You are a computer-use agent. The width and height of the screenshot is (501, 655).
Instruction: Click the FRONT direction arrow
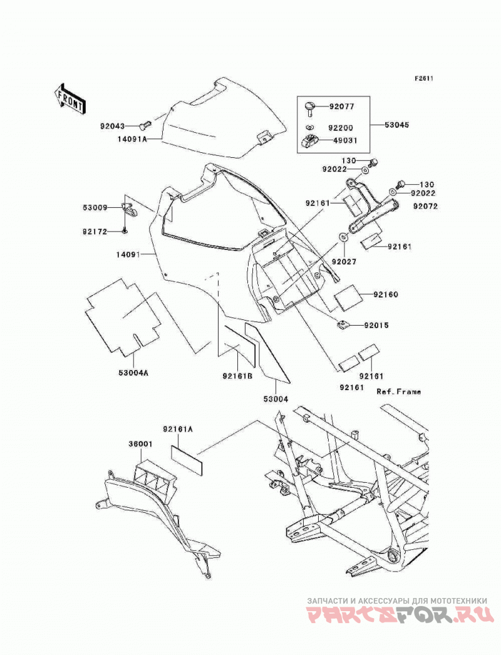tap(70, 98)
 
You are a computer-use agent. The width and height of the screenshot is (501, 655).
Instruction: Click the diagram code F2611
tap(424, 78)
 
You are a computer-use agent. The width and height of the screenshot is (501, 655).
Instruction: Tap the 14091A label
tap(132, 139)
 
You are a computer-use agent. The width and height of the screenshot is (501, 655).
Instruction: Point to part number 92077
tap(341, 106)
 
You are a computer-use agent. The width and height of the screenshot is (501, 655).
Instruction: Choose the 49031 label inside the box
tap(344, 141)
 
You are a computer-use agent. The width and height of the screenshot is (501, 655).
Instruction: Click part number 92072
tap(426, 207)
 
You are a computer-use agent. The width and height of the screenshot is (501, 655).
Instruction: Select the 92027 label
tap(344, 262)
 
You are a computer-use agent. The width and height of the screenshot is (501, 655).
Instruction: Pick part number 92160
tap(386, 294)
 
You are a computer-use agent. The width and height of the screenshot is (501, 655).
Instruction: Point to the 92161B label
tap(237, 376)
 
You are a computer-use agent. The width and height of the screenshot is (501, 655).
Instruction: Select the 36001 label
tap(141, 445)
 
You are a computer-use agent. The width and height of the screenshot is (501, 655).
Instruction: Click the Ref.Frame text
tap(399, 392)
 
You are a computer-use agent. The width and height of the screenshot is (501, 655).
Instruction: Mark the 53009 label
tap(95, 208)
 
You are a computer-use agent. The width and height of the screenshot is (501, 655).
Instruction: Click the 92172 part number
tap(95, 232)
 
